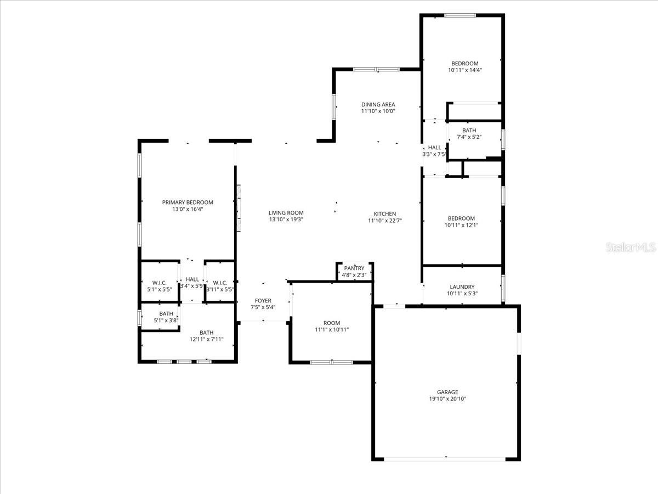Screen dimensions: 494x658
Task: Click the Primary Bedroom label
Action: point(188,203)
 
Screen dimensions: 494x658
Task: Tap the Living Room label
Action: point(286,213)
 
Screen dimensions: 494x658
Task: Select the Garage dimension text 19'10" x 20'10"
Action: point(447,399)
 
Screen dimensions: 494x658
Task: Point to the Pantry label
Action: point(354,268)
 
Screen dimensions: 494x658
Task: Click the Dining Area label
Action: point(378,104)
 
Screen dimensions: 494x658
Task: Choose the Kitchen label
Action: point(385,214)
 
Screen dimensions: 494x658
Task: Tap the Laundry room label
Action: point(462,287)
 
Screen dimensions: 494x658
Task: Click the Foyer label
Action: point(263,301)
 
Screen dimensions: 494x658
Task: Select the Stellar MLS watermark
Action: point(630,248)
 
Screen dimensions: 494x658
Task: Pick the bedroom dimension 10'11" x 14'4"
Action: point(464,70)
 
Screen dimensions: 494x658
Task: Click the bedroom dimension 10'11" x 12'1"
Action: point(462,224)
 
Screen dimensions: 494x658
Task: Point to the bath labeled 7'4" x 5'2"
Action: point(469,131)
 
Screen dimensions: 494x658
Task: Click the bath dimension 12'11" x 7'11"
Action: point(206,339)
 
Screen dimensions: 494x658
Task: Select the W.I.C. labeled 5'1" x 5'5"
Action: point(160,283)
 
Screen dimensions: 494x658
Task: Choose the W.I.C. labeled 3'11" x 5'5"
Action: point(220,283)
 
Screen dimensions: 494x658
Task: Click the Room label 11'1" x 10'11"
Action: point(332,323)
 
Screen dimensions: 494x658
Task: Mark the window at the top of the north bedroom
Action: point(460,15)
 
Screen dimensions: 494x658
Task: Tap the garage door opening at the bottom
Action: point(446,458)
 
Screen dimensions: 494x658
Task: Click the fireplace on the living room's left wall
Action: point(239,209)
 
